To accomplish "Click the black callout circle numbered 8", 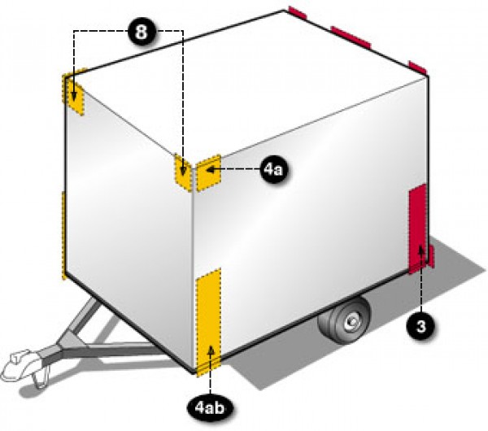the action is [x=142, y=31].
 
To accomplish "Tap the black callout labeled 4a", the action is [x=273, y=170].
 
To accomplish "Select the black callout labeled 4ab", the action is [x=210, y=408].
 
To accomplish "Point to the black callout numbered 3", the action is [x=420, y=326].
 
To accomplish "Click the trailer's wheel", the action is [x=346, y=321].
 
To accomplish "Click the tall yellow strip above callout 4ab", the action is [x=208, y=322].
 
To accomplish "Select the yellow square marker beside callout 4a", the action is [x=208, y=172].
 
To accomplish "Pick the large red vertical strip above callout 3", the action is [x=417, y=229].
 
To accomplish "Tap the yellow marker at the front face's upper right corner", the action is [x=183, y=172].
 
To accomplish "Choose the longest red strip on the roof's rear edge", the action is [x=351, y=37].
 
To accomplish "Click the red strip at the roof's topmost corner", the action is [x=298, y=12].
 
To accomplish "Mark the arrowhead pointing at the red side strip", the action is [x=420, y=250].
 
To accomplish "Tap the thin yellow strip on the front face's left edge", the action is [x=63, y=235].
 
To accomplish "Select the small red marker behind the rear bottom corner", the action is [x=431, y=256].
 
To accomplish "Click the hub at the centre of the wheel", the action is [x=353, y=320].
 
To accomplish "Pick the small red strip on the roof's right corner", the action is [x=418, y=67].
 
